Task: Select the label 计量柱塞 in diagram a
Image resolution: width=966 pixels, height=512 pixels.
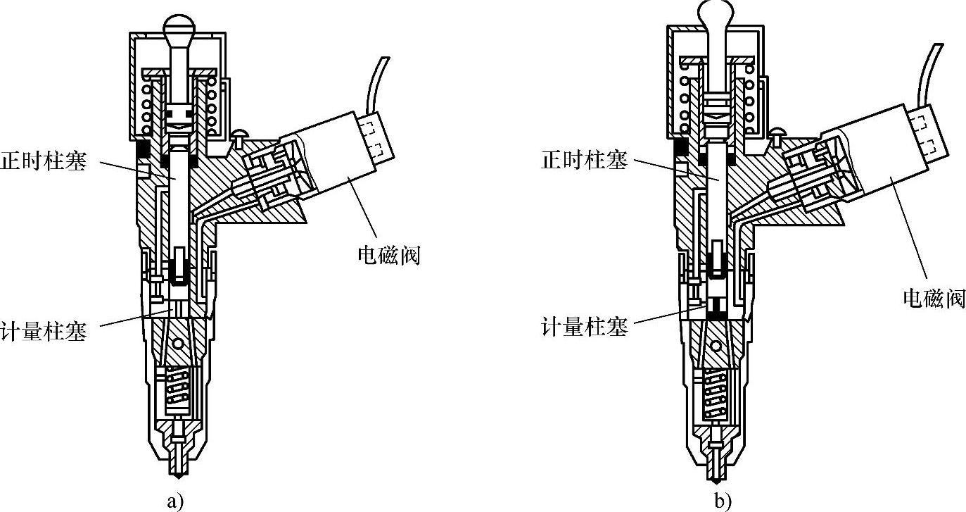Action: (44, 331)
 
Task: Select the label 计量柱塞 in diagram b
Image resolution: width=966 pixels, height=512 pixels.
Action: (584, 327)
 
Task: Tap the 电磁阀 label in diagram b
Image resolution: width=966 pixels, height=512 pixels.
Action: (934, 299)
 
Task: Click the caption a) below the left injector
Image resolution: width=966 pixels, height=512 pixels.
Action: (175, 501)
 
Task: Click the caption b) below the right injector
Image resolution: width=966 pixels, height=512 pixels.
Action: (723, 501)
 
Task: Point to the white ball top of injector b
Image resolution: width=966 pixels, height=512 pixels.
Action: (716, 13)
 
